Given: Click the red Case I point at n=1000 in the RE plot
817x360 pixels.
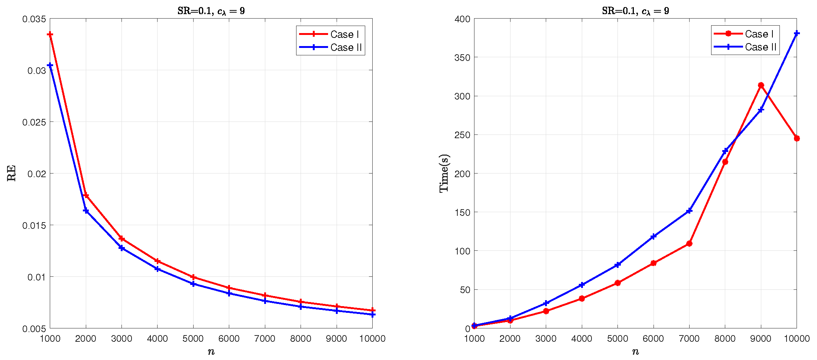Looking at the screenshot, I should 50,35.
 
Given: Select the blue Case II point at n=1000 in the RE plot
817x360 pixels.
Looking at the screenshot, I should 50,65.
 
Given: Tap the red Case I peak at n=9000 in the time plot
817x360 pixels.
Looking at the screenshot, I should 761,85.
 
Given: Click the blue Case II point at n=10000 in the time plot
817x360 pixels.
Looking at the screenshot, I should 797,33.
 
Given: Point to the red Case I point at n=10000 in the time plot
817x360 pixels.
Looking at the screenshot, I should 797,139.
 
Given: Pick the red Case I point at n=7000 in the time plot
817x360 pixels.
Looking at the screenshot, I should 689,244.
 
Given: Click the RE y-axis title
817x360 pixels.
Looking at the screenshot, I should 12,173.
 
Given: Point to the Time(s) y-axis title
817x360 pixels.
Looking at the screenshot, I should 444,173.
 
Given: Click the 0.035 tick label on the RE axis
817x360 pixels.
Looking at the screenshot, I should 34,19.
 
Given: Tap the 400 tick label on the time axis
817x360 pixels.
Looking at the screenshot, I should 462,19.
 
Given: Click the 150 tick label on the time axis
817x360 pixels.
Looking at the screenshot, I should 462,213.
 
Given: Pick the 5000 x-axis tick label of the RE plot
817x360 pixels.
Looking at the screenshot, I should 193,338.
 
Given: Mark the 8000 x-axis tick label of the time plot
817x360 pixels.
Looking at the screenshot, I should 725,338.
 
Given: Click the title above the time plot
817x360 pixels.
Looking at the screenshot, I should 635,11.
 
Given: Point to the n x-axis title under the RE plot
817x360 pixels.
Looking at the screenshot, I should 211,352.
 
